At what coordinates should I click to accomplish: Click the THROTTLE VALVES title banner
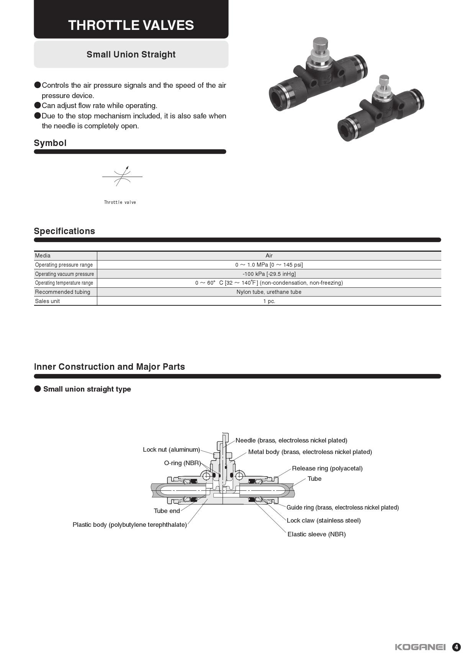[131, 25]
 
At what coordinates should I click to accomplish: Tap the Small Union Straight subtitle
[131, 54]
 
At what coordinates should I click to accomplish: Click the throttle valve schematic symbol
[123, 177]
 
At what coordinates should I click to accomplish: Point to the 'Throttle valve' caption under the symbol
[120, 202]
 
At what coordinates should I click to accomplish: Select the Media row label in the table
[43, 256]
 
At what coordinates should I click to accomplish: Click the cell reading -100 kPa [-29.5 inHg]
[269, 274]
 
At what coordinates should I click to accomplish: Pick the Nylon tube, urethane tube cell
[269, 292]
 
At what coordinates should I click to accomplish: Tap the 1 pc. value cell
[269, 301]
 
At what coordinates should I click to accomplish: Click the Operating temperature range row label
[64, 283]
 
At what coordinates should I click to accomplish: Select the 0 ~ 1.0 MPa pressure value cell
[269, 265]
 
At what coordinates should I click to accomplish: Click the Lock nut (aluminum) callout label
[171, 449]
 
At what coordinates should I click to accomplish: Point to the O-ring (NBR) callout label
[182, 463]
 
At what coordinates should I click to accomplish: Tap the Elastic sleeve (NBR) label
[316, 534]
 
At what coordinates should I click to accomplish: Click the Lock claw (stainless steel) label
[324, 520]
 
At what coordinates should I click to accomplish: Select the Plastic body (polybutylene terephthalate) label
[129, 524]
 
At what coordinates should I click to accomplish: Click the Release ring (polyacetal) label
[327, 468]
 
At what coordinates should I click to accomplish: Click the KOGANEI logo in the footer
[420, 647]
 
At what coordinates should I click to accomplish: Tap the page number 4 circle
[456, 647]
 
